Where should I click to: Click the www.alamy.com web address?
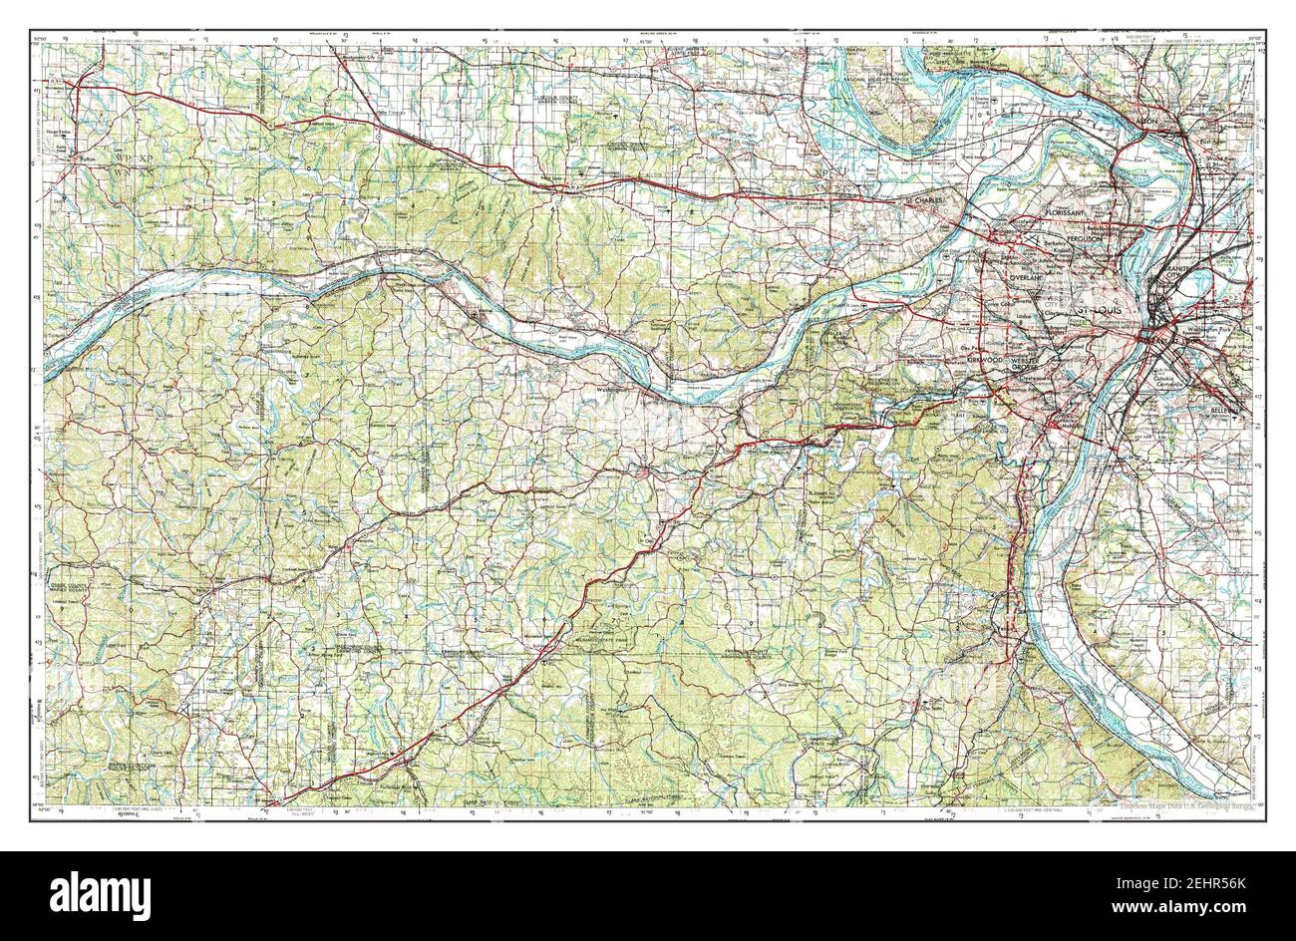pyautogui.click(x=1176, y=912)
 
